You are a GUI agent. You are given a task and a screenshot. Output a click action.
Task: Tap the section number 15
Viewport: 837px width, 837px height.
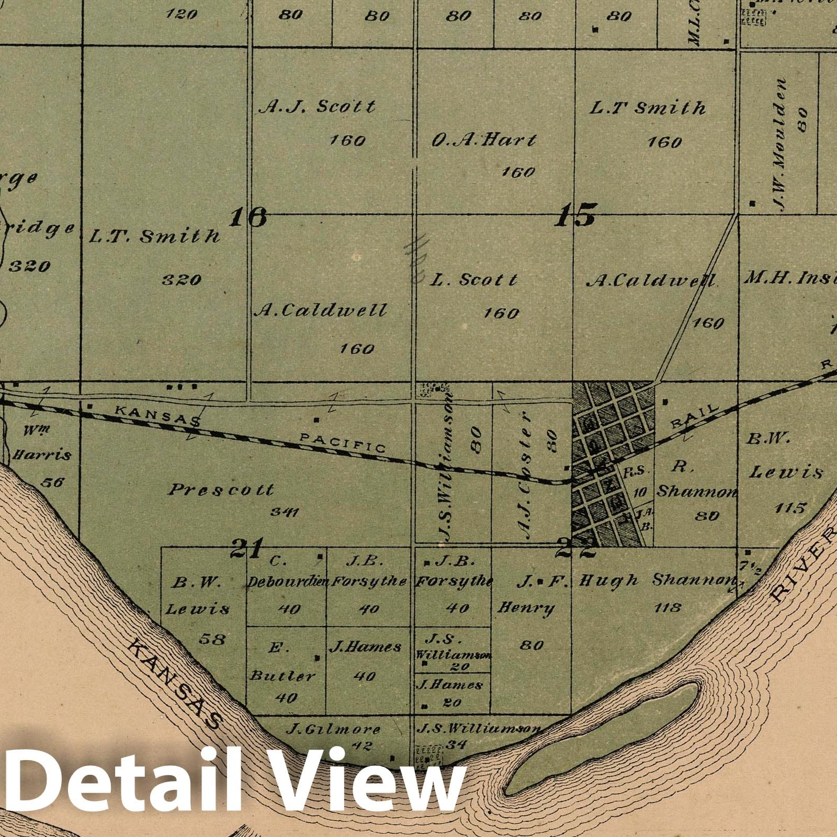574,215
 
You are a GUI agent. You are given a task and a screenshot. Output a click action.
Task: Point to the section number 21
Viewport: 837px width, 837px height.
246,548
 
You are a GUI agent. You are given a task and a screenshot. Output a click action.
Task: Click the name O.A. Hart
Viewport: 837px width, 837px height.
484,140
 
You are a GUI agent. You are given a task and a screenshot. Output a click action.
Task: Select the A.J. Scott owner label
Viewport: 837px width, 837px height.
318,107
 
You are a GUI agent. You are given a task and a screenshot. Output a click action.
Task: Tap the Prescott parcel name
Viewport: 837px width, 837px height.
221,490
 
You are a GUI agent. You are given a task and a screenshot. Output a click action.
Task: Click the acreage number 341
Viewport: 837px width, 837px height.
285,512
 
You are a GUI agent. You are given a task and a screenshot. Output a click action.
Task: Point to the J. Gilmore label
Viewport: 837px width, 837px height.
333,729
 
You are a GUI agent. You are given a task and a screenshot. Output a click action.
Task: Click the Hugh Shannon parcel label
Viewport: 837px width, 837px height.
656,580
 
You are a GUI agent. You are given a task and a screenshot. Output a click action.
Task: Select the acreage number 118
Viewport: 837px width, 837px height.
668,607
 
